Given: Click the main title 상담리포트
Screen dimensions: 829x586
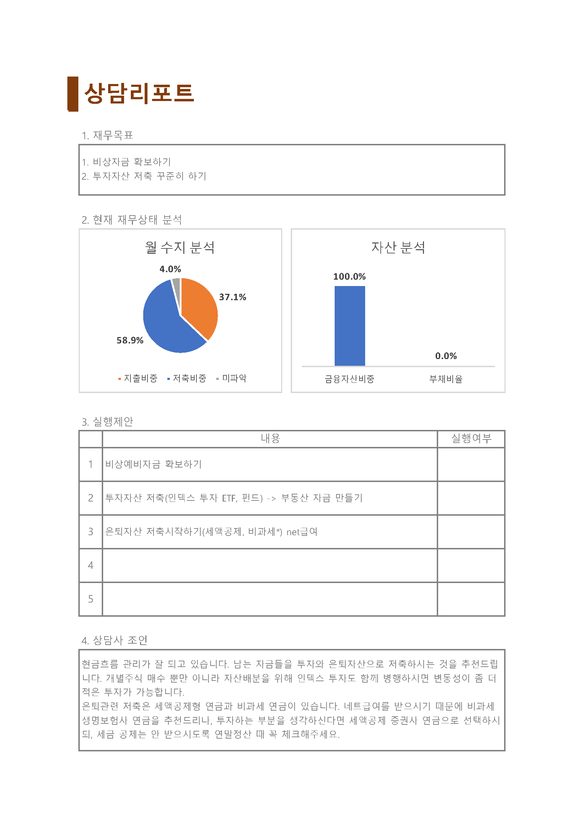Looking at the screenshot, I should pos(139,94).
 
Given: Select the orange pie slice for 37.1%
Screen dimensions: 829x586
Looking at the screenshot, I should pos(199,307).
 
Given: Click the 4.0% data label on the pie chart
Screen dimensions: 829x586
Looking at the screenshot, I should pos(170,269).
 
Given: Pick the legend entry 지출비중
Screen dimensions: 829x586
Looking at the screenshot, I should pos(138,378).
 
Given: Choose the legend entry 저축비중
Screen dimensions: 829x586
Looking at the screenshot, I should pos(187,378).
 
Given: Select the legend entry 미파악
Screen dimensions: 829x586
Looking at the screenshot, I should pos(231,378).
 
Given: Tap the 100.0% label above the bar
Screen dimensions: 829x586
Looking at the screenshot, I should pos(349,276).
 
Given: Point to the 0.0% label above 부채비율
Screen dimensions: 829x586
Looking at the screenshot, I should pos(446,356).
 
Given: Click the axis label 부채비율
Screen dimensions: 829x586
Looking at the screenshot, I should pos(446,379).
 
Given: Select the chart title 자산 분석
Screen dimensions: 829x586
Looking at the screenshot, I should pos(398,248).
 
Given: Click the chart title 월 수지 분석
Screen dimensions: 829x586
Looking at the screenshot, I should pos(180,248).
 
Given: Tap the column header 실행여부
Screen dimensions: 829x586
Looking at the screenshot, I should pos(471,438).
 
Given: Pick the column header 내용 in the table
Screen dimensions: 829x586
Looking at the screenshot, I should pos(270,438).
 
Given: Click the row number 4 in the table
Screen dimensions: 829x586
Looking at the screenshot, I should pos(91,565).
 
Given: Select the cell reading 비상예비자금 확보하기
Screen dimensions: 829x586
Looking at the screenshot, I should pos(154,464).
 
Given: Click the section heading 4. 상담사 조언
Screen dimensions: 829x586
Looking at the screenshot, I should pos(115,640).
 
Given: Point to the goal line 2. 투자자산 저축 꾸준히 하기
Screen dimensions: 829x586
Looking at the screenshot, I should pos(144,176).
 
